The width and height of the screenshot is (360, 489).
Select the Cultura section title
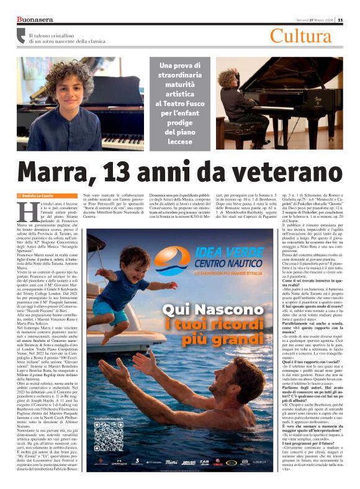click(x=300, y=36)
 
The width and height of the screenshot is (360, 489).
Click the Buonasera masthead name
click(x=35, y=19)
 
